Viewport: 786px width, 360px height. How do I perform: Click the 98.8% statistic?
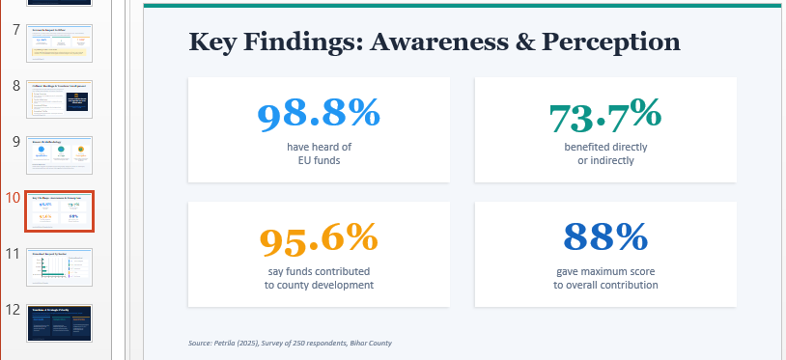(x=319, y=115)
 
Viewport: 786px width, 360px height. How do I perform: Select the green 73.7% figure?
(x=605, y=115)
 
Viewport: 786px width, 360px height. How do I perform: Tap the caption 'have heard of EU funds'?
(x=319, y=153)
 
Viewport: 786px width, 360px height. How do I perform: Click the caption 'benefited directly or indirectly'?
(x=605, y=153)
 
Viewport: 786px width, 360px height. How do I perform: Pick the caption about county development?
(x=319, y=278)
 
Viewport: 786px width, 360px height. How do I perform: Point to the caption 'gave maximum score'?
(x=605, y=271)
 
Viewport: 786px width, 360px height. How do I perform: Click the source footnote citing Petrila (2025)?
(x=290, y=343)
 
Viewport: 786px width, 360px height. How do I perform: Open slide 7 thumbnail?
(x=59, y=43)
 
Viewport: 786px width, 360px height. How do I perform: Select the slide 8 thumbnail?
(x=59, y=99)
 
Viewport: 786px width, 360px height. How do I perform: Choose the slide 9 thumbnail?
(x=59, y=155)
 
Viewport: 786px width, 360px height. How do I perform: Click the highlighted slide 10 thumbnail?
(x=59, y=211)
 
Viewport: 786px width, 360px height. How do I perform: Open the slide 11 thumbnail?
(x=59, y=267)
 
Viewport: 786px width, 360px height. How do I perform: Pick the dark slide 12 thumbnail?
(x=59, y=323)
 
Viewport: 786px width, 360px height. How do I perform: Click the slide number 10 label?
(x=13, y=198)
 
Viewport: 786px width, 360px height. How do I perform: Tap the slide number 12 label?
(x=13, y=310)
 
